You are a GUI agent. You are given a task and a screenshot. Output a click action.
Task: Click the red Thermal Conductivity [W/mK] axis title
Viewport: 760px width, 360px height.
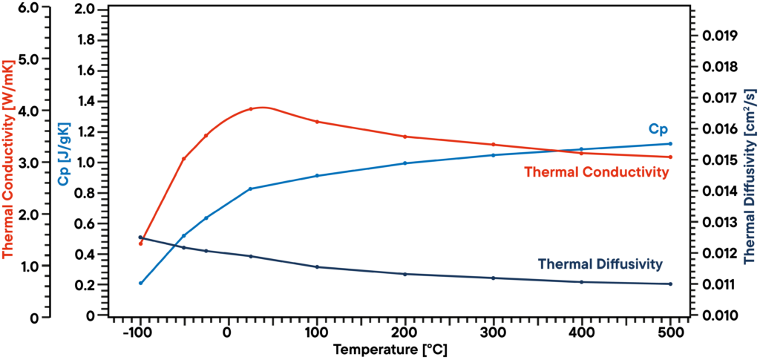coord(10,159)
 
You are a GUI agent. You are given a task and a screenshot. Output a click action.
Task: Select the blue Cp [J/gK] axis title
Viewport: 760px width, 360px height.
coord(65,154)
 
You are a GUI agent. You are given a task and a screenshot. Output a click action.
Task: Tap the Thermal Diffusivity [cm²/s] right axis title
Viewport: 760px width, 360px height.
coord(750,174)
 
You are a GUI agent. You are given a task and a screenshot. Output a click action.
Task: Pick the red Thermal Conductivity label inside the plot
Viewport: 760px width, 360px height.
coord(597,172)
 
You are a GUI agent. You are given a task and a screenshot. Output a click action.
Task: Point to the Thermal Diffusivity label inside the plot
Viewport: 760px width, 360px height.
coord(600,264)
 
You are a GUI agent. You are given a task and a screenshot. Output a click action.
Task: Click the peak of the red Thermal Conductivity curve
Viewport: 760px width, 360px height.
coord(263,107)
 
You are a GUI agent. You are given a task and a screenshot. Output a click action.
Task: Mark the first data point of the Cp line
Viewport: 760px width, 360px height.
coord(140,283)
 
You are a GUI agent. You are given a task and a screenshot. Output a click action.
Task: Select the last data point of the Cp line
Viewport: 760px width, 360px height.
coord(671,143)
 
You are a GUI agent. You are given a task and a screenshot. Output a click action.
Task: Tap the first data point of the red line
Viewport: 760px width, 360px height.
coord(140,243)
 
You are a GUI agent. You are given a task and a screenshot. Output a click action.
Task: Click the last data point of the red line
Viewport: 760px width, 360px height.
coord(671,157)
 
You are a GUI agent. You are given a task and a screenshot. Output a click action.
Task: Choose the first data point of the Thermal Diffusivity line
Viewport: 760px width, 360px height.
coord(140,237)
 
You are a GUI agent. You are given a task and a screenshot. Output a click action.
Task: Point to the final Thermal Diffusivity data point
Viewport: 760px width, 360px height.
coord(671,284)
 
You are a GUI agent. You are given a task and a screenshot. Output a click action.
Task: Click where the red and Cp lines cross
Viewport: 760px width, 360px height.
coord(564,151)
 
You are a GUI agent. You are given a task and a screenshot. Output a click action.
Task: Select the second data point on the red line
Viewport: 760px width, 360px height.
coord(184,158)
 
